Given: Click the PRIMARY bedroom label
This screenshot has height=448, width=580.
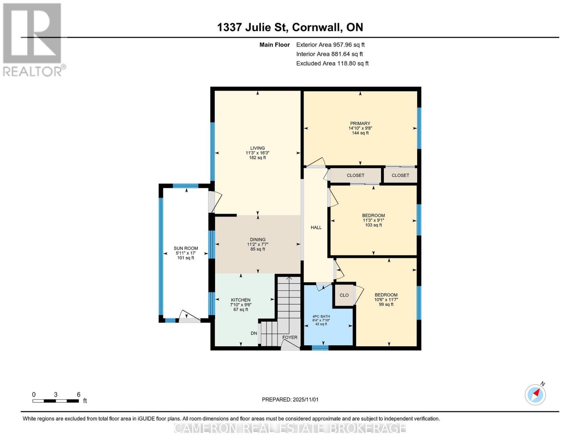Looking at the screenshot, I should pos(360,124).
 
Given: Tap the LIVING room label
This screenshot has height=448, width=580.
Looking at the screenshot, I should pos(257,148).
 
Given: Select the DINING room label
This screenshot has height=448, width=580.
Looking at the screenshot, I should pos(258,240).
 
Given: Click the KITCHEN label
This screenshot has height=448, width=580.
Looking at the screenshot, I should pos(241,300).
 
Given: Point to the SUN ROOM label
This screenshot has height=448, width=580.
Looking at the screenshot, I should pos(186,248).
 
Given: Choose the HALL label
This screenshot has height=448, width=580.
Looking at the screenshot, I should pos(316,227).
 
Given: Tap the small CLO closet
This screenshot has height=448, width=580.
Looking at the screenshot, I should pos(344,295).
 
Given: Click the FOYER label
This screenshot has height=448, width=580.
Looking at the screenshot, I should pos(290,337).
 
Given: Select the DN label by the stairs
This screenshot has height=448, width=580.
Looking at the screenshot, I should pos(254,333).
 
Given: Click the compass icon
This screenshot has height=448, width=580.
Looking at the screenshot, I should pos(536,394).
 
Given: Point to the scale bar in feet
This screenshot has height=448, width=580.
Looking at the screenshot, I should pos(56,401).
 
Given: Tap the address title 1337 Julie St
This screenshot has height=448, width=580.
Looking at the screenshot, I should pos(290,27).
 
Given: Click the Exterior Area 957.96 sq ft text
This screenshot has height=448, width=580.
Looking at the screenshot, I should pos(330,45).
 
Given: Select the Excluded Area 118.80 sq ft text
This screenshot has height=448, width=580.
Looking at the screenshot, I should pos(332,63).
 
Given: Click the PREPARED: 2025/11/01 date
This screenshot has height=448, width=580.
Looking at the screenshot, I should pos(290,399).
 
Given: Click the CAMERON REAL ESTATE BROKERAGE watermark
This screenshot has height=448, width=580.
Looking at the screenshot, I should pos(290,428).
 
